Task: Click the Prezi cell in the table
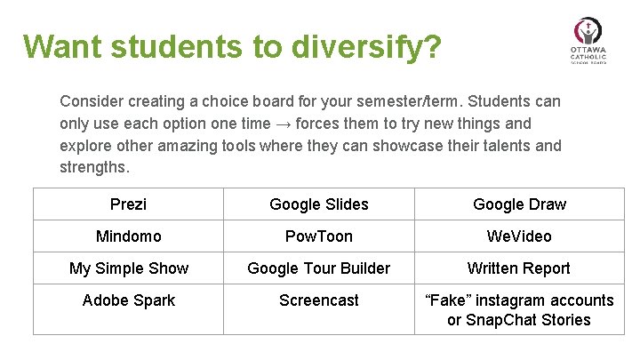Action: tap(128, 204)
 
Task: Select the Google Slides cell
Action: tap(318, 204)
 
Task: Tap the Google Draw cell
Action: tap(519, 204)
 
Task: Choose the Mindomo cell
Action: tap(128, 236)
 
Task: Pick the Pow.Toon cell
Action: tap(318, 236)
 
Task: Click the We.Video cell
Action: tap(519, 236)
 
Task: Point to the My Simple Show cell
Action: tap(128, 268)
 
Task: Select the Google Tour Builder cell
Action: tap(318, 268)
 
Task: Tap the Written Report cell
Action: tap(519, 268)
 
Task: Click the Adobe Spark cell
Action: tap(128, 300)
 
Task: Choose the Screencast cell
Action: tap(318, 300)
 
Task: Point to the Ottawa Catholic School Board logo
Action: tap(587, 40)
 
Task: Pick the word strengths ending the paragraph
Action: tap(93, 166)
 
